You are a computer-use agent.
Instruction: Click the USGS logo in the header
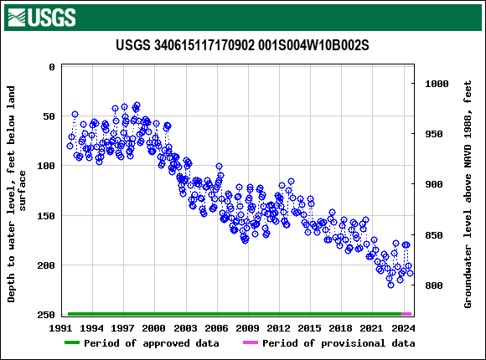click(x=40, y=17)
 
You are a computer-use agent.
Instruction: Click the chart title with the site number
click(x=242, y=44)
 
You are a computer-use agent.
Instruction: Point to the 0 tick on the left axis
click(x=51, y=67)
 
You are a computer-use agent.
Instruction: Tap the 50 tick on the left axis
click(x=48, y=116)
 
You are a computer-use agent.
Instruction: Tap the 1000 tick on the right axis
click(x=437, y=84)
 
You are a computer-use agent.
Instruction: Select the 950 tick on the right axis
click(x=434, y=134)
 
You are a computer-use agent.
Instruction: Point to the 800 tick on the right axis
click(x=434, y=285)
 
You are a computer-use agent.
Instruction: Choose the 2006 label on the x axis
click(x=217, y=328)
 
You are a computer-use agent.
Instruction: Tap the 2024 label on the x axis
click(x=403, y=328)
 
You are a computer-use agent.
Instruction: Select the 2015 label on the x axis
click(x=310, y=328)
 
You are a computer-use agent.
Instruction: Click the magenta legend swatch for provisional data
click(x=250, y=343)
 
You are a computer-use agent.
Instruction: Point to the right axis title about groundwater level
click(x=468, y=193)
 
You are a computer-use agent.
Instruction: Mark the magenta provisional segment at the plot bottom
click(x=406, y=314)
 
